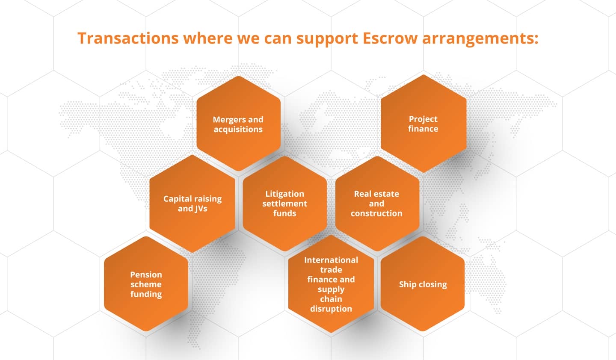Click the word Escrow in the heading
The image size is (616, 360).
click(x=390, y=38)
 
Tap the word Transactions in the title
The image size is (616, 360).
click(x=128, y=38)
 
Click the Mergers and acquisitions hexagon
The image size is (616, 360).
click(x=238, y=124)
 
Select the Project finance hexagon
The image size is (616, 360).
click(x=423, y=124)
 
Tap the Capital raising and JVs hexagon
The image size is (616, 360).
click(x=192, y=204)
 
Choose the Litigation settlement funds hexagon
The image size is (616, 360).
click(x=284, y=204)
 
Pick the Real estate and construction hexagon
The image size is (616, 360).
click(x=377, y=204)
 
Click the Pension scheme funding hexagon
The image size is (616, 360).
click(x=146, y=284)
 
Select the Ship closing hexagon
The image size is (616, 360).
click(x=423, y=284)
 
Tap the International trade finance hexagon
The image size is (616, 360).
click(x=331, y=284)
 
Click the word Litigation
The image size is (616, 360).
click(x=284, y=194)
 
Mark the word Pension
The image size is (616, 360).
click(x=146, y=274)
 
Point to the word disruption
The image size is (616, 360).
click(x=331, y=309)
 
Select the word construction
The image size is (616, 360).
click(x=376, y=213)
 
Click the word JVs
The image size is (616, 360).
click(x=200, y=209)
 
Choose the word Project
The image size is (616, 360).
click(x=423, y=119)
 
